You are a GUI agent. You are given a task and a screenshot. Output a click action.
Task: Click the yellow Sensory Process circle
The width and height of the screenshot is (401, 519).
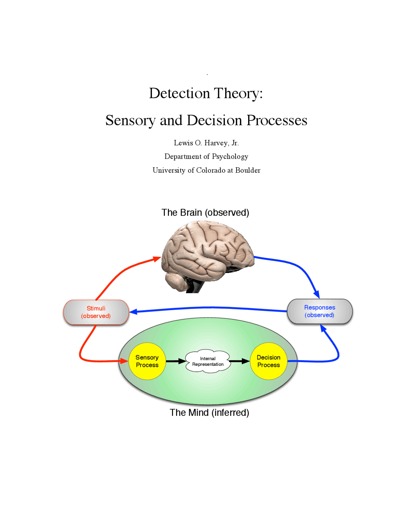147,361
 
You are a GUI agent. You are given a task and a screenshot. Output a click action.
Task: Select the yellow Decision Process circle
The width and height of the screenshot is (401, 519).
268,361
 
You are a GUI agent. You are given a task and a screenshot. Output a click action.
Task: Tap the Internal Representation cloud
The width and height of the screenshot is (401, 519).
208,361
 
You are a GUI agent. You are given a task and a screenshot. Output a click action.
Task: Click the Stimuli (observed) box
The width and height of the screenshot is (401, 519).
96,312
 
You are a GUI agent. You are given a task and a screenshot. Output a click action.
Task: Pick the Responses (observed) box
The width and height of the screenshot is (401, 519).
320,311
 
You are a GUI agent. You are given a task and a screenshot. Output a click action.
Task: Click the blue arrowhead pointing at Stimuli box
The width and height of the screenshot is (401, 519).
133,312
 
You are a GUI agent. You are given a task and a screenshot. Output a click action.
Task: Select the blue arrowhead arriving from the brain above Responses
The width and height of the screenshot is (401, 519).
317,294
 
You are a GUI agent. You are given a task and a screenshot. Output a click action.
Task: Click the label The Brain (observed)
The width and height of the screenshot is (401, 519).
205,212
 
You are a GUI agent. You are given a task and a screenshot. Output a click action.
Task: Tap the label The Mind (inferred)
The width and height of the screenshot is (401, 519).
209,412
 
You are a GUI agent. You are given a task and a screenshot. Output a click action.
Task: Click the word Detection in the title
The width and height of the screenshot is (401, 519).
179,93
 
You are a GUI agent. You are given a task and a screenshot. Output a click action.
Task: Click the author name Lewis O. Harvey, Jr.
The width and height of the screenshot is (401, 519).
206,143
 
